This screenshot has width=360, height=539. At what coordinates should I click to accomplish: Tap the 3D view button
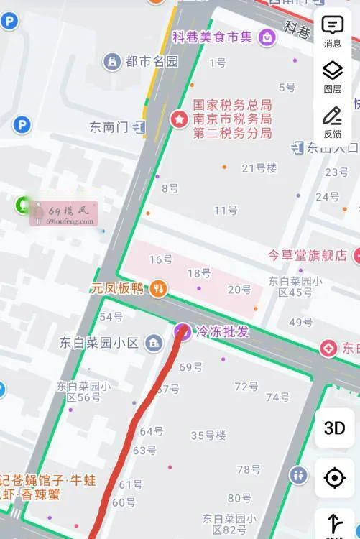coord(335,428)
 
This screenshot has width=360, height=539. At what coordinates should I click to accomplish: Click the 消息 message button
coord(333,31)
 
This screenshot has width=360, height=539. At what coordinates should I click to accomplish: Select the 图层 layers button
coord(332,76)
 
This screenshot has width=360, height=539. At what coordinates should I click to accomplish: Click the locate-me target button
coord(335,478)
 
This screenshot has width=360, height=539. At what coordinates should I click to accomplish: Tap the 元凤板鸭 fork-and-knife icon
coord(159,289)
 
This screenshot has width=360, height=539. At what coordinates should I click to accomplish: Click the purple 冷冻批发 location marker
coord(183,331)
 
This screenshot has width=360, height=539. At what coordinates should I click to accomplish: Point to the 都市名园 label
coord(151,62)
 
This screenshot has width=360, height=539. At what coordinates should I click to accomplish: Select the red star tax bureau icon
coord(178,119)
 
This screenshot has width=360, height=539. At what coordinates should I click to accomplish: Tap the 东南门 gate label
coord(109,127)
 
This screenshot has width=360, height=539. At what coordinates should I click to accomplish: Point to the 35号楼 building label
coord(208,435)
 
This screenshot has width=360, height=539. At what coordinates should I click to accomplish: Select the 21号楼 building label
coord(259,168)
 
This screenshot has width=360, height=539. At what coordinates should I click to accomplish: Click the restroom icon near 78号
coord(298,475)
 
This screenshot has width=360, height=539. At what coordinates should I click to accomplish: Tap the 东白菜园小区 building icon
coord(152,343)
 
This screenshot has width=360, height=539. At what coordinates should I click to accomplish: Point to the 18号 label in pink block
coord(199,273)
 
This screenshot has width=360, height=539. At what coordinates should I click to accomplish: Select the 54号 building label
coord(111,316)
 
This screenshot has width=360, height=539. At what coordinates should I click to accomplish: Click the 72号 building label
coord(246,387)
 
